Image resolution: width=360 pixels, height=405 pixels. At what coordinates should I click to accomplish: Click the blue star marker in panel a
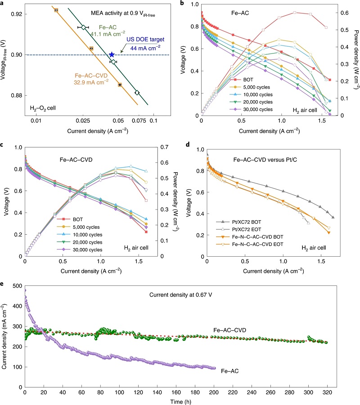112,54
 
